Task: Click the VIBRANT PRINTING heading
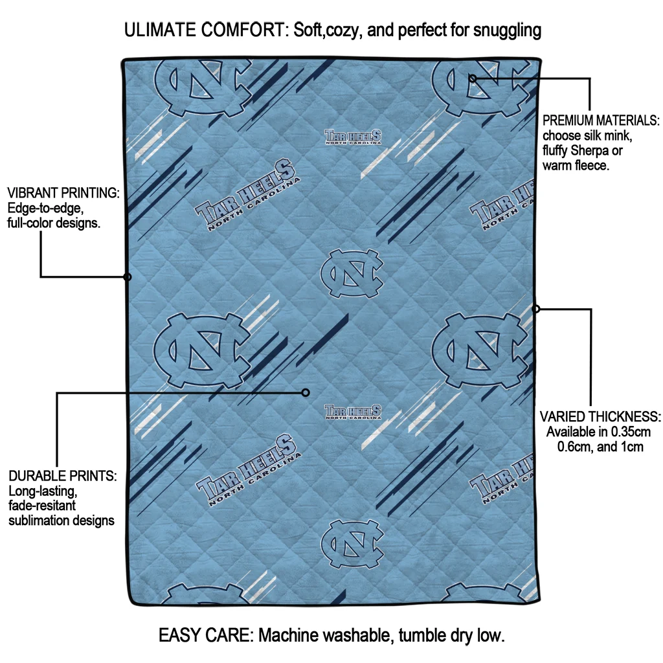point(63,193)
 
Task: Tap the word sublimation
point(39,521)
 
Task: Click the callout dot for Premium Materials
point(473,78)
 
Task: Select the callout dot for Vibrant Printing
point(128,277)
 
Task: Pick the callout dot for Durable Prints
point(306,392)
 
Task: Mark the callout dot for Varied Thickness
point(536,309)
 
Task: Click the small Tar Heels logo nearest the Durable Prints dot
point(353,412)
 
